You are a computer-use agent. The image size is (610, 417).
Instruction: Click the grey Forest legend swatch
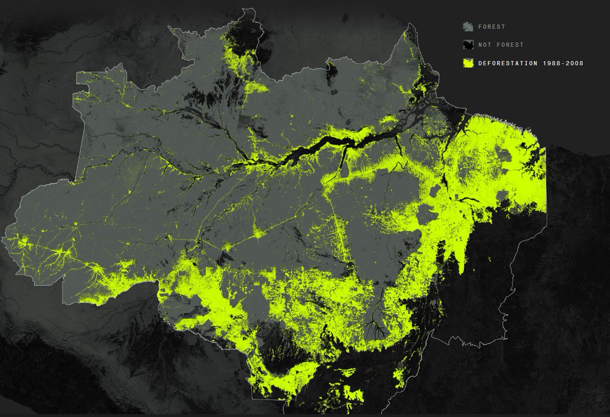pos(468,26)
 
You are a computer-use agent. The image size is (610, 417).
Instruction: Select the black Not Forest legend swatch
pos(468,45)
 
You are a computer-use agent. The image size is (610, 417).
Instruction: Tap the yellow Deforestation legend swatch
pos(468,63)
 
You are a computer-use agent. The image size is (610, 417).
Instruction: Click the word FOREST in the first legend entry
pos(492,26)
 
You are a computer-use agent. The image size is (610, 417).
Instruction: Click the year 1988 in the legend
pos(546,63)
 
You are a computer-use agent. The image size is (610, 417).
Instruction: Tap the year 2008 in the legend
pos(573,63)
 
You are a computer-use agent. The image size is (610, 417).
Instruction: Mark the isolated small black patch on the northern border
pos(331,71)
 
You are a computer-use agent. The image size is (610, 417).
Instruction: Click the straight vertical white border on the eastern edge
pos(546,183)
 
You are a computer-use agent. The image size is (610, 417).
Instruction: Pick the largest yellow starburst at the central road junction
pos(260,234)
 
